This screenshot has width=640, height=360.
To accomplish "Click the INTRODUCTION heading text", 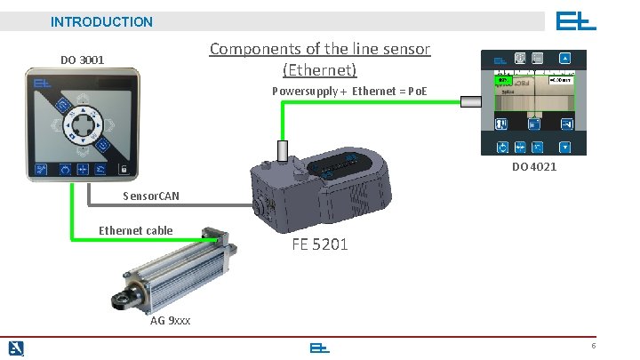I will point(101,21).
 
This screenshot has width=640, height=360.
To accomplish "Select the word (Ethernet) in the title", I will point(319,69).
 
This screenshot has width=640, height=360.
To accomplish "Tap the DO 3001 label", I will point(82,60).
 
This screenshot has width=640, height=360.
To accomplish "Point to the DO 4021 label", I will point(534,167).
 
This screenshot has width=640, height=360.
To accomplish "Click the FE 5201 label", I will point(320,244).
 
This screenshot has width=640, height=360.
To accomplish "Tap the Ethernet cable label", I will point(135,230).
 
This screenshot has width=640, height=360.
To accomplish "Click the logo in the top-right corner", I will point(576,20).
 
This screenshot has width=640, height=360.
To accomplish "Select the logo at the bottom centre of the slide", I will point(319,348).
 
